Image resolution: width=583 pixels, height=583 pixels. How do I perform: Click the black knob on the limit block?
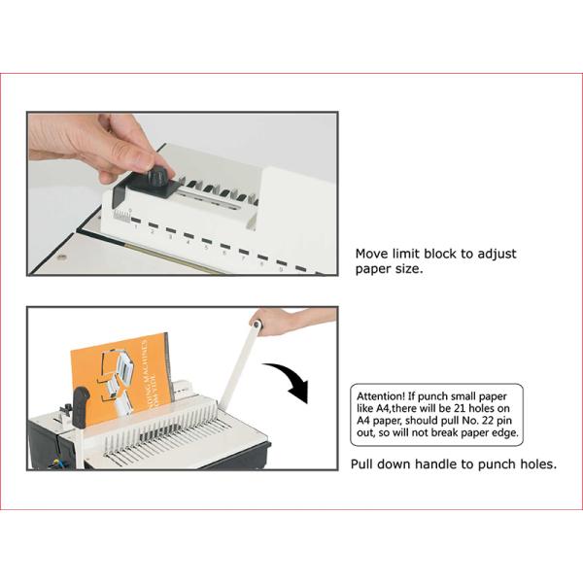pyautogui.click(x=160, y=175)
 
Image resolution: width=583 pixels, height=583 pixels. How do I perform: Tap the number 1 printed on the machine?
pyautogui.click(x=136, y=226)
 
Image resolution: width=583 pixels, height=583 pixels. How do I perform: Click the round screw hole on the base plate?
pyautogui.click(x=62, y=257)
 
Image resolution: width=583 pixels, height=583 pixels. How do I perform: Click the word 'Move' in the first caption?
pyautogui.click(x=372, y=254)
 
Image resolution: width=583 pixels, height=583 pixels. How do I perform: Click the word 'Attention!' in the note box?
pyautogui.click(x=380, y=396)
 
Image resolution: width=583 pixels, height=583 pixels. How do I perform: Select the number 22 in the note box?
pyautogui.click(x=488, y=421)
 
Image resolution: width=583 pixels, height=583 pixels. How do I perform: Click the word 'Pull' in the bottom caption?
pyautogui.click(x=361, y=464)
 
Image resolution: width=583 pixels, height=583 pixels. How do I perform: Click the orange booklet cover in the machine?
pyautogui.click(x=120, y=375)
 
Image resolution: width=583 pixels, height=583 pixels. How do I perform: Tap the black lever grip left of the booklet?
pyautogui.click(x=81, y=407)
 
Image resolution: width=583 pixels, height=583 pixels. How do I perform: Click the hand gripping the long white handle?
pyautogui.click(x=286, y=322)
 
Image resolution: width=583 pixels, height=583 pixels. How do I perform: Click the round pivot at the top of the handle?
pyautogui.click(x=257, y=325)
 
